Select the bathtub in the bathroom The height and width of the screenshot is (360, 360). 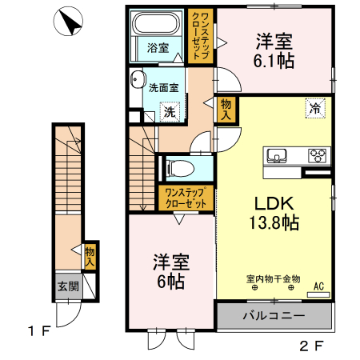(157, 23)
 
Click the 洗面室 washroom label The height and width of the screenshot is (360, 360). (163, 88)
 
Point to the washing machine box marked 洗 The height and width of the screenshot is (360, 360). (170, 112)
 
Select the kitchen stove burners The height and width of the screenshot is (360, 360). (318, 155)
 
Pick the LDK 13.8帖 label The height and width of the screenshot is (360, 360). (271, 212)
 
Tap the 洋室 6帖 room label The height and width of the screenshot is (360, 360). (170, 271)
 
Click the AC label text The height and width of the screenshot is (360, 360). (318, 286)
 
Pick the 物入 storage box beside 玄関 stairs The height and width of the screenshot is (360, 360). (90, 256)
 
